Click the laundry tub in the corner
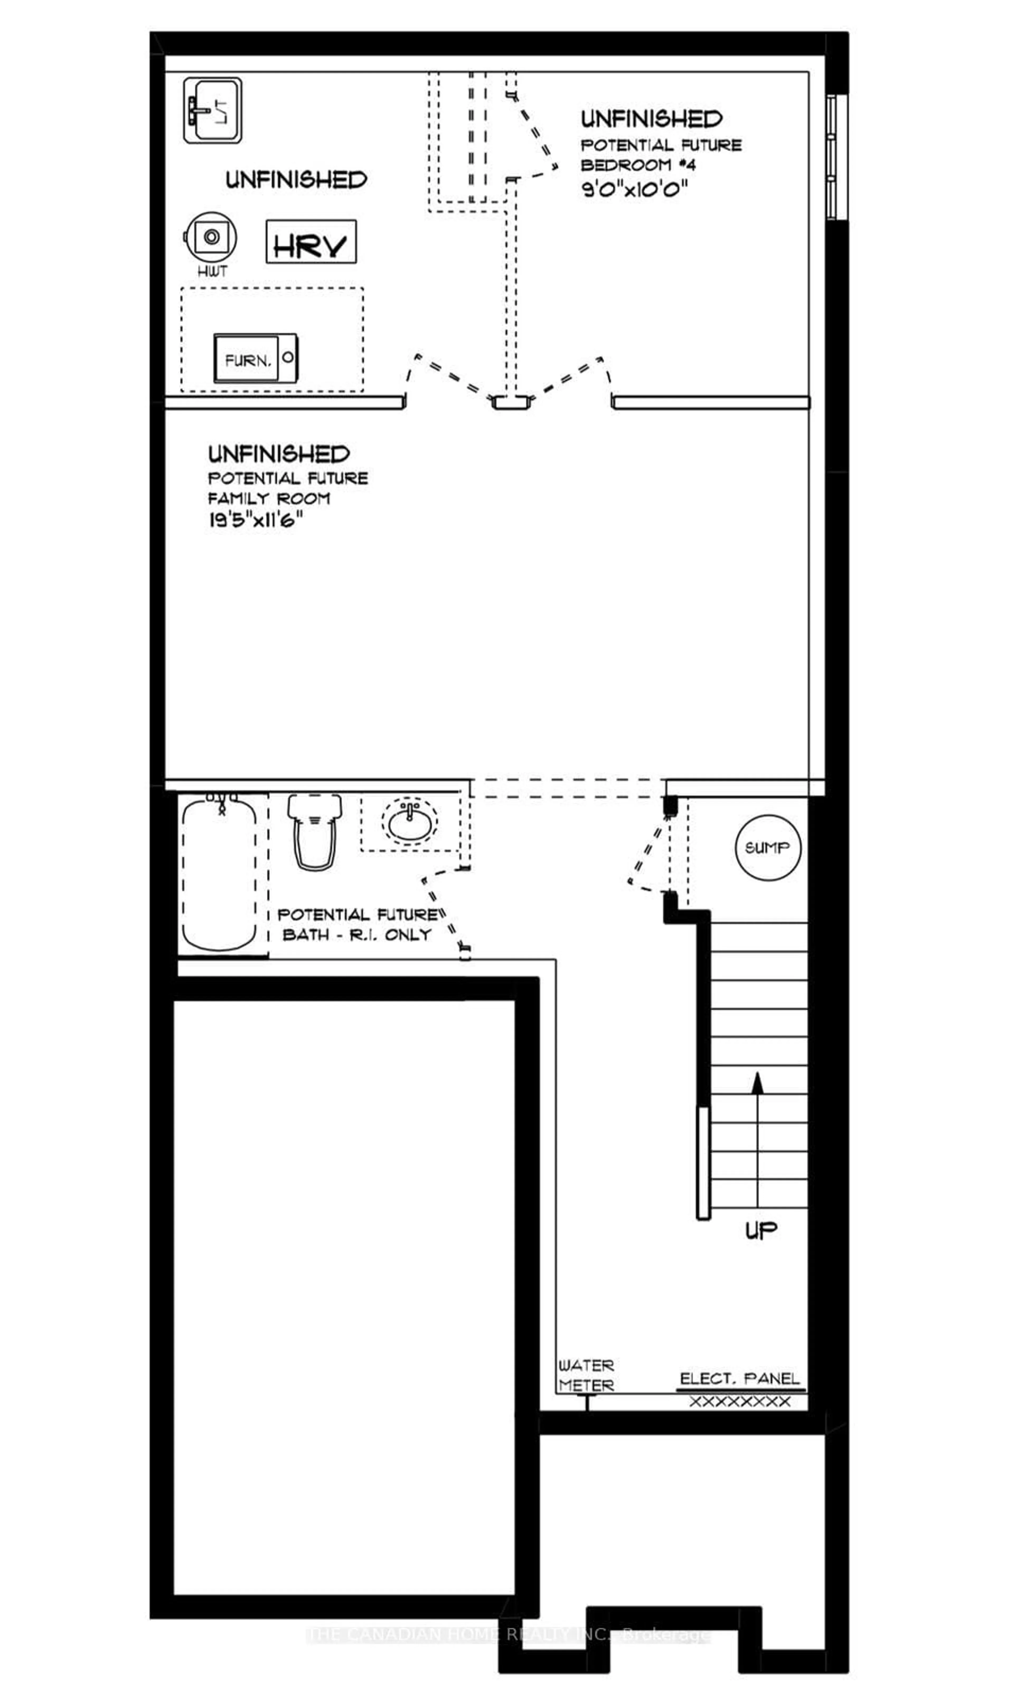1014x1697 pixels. pos(213,110)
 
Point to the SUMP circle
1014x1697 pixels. pos(767,848)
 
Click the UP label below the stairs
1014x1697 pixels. pos(760,1230)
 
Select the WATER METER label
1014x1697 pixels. pos(586,1375)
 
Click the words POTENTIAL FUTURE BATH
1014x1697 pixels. pos(357,924)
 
